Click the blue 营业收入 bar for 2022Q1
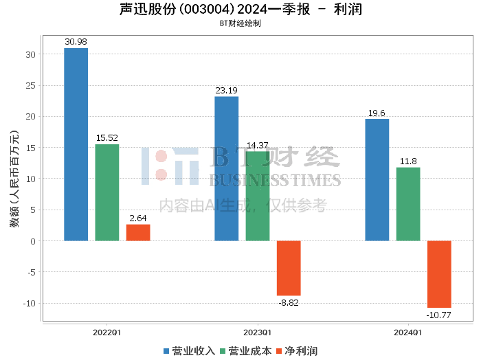click(x=76, y=144)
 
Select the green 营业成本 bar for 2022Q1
click(x=107, y=192)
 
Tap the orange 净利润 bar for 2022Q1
click(x=138, y=233)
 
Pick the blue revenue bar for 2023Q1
click(x=226, y=168)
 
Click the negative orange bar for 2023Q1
click(x=289, y=269)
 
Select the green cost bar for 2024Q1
click(x=408, y=204)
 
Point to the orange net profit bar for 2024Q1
click(x=439, y=274)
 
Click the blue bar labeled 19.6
click(x=377, y=180)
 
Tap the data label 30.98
click(x=76, y=42)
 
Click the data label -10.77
click(x=438, y=315)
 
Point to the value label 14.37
click(x=258, y=145)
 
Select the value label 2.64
click(x=138, y=218)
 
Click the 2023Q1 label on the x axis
click(x=258, y=333)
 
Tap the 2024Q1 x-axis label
click(x=407, y=333)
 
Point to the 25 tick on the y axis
click(x=31, y=86)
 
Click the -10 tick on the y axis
click(x=30, y=303)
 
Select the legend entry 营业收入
click(x=189, y=351)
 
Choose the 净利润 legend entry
click(x=297, y=351)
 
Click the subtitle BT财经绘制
click(x=240, y=23)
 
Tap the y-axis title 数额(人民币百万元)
click(x=14, y=179)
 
